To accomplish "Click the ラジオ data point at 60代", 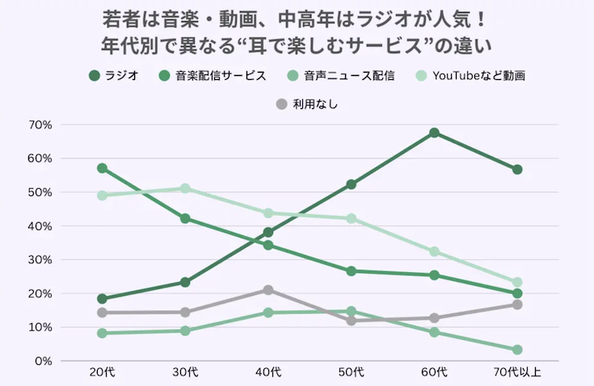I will coord(434,132).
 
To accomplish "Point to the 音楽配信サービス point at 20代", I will coord(103,168).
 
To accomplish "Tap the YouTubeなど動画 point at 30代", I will coord(185,188).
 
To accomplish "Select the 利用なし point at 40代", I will coord(268,290).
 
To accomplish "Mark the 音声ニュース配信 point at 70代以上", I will coord(517,350).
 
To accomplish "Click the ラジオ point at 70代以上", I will coord(517,170).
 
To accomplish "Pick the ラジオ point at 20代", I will coord(103,299).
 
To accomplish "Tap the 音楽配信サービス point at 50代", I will coord(352,271).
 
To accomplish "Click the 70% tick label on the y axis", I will coord(40,125).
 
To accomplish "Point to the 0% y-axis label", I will coord(43,361).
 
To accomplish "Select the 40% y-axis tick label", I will coord(40,226).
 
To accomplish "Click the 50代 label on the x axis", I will coord(352,372).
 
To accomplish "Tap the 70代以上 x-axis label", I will coord(517,372).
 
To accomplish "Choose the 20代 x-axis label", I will coord(103,372).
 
